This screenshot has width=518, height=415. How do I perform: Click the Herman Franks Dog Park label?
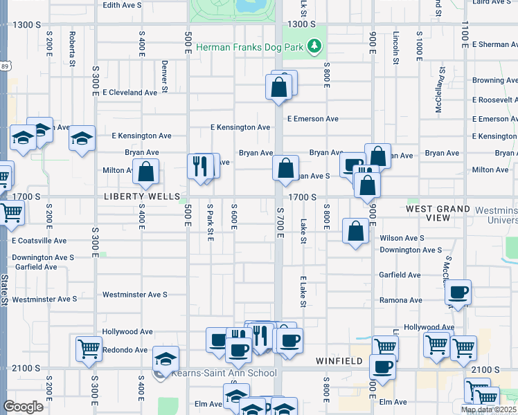tap(251, 47)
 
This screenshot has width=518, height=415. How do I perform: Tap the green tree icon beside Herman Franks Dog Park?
tap(315, 46)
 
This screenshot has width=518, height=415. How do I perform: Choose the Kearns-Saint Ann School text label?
tap(214, 373)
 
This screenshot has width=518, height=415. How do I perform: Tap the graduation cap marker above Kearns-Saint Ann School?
tap(166, 358)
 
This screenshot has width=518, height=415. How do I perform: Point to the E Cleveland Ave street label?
tap(129, 93)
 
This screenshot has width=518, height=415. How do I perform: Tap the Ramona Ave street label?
tap(400, 301)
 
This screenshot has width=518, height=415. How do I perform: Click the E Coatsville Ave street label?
tap(39, 241)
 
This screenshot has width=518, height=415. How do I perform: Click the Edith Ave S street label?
tap(122, 5)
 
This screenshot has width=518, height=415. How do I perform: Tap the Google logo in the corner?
tap(23, 406)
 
